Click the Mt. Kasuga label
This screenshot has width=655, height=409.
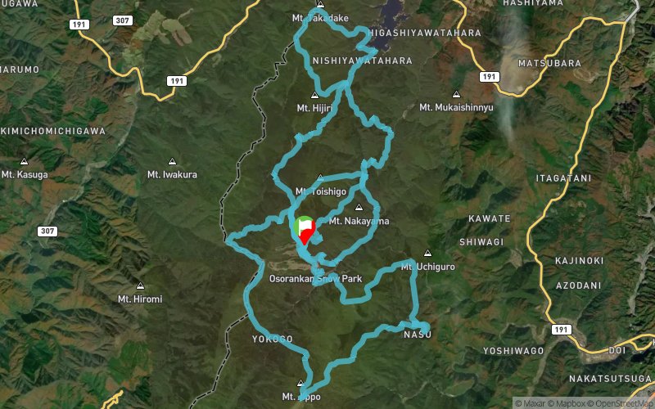pyautogui.click(x=25, y=174)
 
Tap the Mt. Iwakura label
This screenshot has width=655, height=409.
pyautogui.click(x=172, y=174)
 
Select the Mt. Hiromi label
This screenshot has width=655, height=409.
pyautogui.click(x=140, y=299)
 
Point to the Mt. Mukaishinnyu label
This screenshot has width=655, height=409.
pyautogui.click(x=456, y=107)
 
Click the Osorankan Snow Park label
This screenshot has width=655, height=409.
pyautogui.click(x=315, y=279)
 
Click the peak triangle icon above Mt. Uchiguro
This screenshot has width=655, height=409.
pyautogui.click(x=427, y=253)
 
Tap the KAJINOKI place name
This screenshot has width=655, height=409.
pyautogui.click(x=579, y=260)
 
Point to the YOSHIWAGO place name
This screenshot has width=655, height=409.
pyautogui.click(x=513, y=350)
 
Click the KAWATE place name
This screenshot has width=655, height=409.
pyautogui.click(x=490, y=218)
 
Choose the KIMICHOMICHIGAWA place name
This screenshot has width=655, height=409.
pyautogui.click(x=52, y=131)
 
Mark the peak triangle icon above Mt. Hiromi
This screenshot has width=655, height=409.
pyautogui.click(x=140, y=286)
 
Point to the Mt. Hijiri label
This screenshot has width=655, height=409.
pyautogui.click(x=314, y=107)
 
